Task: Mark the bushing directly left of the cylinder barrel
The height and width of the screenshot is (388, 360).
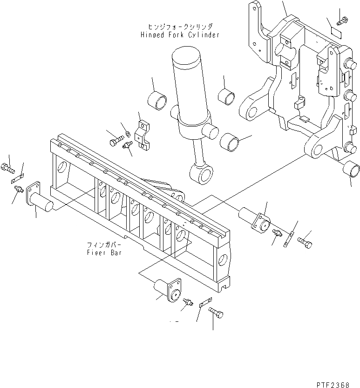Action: click(157, 101)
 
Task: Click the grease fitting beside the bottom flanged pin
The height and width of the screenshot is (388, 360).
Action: click(189, 302)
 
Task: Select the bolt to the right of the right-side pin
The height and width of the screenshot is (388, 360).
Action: click(305, 242)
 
